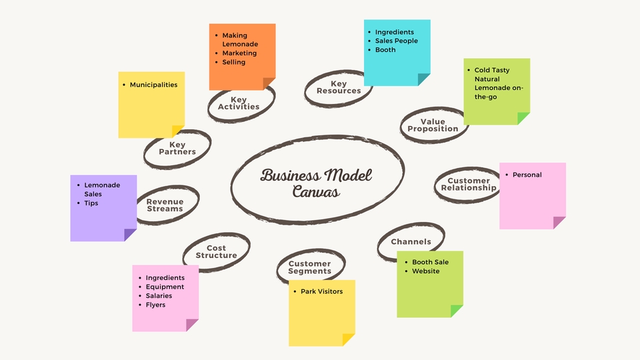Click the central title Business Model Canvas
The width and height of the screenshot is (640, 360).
(x=316, y=183)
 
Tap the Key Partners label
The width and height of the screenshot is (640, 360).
(x=177, y=148)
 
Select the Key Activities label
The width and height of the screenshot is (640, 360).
(x=239, y=103)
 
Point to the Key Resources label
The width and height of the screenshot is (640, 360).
(x=339, y=87)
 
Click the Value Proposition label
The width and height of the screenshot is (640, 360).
(x=433, y=125)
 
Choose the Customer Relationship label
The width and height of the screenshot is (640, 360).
(x=469, y=185)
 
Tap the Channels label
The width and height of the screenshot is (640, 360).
(x=411, y=241)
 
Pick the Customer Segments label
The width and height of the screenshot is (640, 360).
(x=309, y=267)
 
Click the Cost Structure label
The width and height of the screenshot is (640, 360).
(x=216, y=252)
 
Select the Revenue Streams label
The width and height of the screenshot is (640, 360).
(x=165, y=205)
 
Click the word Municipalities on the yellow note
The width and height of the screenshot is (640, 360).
(x=153, y=85)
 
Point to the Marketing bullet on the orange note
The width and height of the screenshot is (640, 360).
(x=239, y=53)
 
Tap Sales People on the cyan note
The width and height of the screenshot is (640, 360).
(x=397, y=41)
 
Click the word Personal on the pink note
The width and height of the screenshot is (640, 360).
(x=527, y=175)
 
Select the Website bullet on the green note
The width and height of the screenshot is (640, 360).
(x=426, y=271)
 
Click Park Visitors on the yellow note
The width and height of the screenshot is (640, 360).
(x=322, y=291)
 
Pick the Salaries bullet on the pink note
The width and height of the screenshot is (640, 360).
(x=159, y=296)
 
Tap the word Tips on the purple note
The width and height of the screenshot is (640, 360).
(x=91, y=203)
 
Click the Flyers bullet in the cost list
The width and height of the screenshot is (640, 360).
(x=155, y=305)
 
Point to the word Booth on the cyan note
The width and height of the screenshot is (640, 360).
(x=385, y=50)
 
